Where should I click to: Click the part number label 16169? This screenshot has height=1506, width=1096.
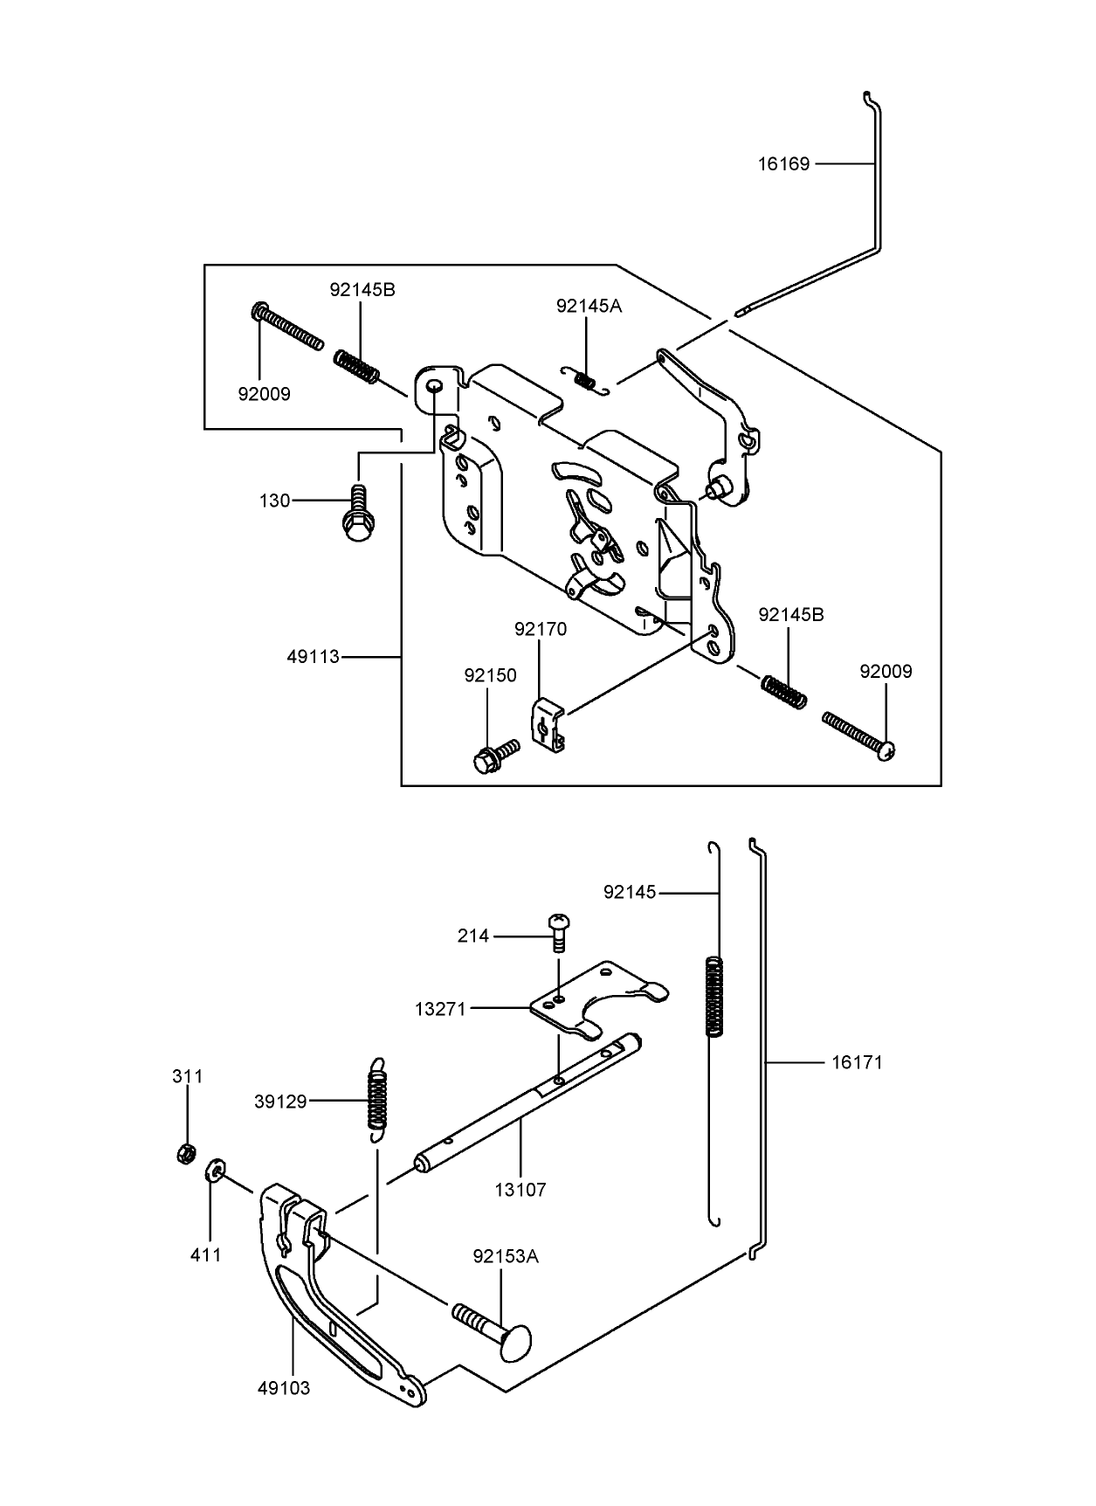pos(783,163)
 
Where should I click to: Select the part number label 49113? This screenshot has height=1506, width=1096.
pos(313,656)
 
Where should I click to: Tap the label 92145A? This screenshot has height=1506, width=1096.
pos(589,306)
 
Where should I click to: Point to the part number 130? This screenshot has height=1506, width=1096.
pos(274,501)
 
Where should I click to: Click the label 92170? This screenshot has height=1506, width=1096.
pos(541,629)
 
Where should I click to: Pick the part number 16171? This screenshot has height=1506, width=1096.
pos(857,1062)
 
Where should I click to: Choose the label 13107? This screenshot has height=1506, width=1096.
pos(520,1189)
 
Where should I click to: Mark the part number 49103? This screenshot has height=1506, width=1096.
pos(284,1387)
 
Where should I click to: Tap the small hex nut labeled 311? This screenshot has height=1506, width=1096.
pos(184,1154)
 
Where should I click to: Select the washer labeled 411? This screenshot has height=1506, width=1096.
pos(215,1171)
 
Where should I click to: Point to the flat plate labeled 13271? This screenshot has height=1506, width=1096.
pos(603,999)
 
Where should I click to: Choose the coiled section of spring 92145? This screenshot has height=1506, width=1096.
pos(714,997)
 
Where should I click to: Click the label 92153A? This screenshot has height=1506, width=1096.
pos(506,1256)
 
